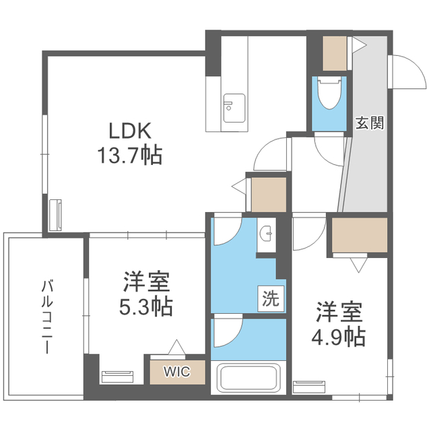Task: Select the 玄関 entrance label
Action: click(x=370, y=123)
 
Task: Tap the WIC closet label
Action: click(x=176, y=371)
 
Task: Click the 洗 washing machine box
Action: click(x=270, y=298)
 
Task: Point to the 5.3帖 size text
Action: click(x=146, y=306)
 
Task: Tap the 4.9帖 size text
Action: click(x=340, y=335)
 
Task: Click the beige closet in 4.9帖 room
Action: click(x=360, y=235)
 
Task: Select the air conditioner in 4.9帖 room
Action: click(x=308, y=387)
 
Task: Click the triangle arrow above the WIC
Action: click(x=176, y=347)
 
